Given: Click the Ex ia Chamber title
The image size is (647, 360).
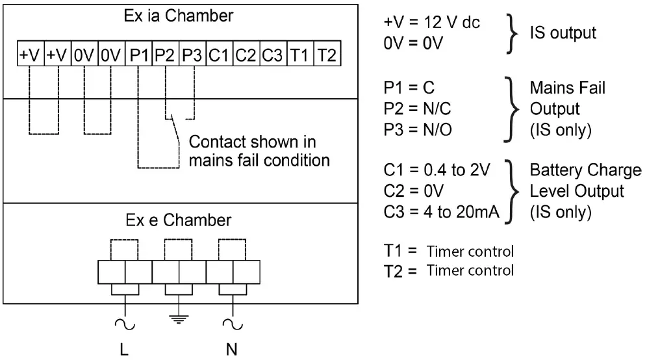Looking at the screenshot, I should (179, 16).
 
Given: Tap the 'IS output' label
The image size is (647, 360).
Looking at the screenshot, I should (563, 32).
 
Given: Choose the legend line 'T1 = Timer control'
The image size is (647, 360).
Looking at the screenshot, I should (449, 251).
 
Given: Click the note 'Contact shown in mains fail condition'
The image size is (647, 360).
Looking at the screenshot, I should (259, 151).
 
